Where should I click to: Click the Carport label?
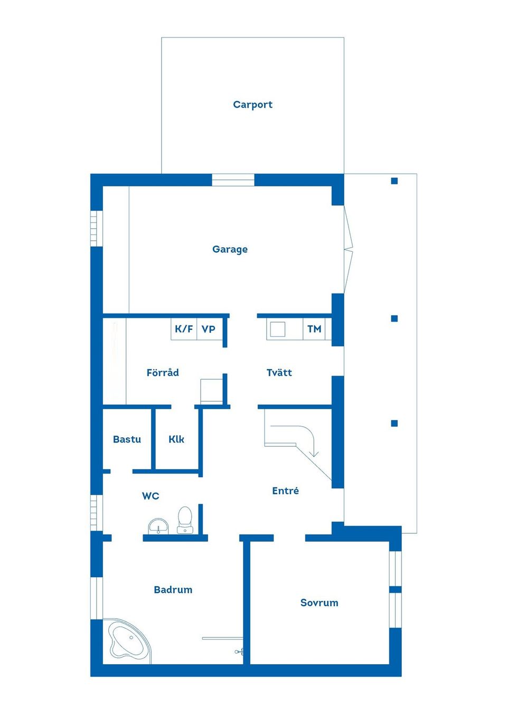[x=252, y=105]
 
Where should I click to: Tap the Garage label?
[x=230, y=249]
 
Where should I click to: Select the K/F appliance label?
[x=184, y=329]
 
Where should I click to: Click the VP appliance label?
[x=209, y=329]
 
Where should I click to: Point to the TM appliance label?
[x=314, y=329]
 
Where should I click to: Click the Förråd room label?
[x=163, y=373]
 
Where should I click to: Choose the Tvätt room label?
[x=279, y=373]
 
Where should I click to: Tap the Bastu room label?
[x=127, y=439]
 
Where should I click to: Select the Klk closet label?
[x=176, y=439]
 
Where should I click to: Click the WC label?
[x=151, y=496]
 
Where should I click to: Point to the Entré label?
[x=285, y=491]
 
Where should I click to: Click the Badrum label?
[x=173, y=590]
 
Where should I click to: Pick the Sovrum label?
[x=319, y=603]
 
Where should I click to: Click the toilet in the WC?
[x=185, y=520]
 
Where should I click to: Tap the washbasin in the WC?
[x=158, y=526]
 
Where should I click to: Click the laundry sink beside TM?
[x=277, y=329]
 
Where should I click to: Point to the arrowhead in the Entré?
[x=314, y=452]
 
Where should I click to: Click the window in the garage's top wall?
[x=233, y=180]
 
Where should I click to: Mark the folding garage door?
[x=348, y=249]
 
